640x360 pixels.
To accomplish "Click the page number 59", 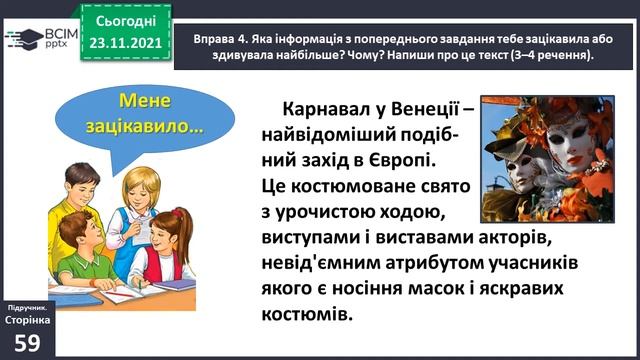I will pyautogui.click(x=28, y=341).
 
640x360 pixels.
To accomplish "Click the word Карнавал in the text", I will pyautogui.click(x=333, y=106).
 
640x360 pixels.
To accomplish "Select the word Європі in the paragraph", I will pyautogui.click(x=401, y=158).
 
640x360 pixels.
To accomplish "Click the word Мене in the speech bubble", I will pyautogui.click(x=144, y=102).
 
